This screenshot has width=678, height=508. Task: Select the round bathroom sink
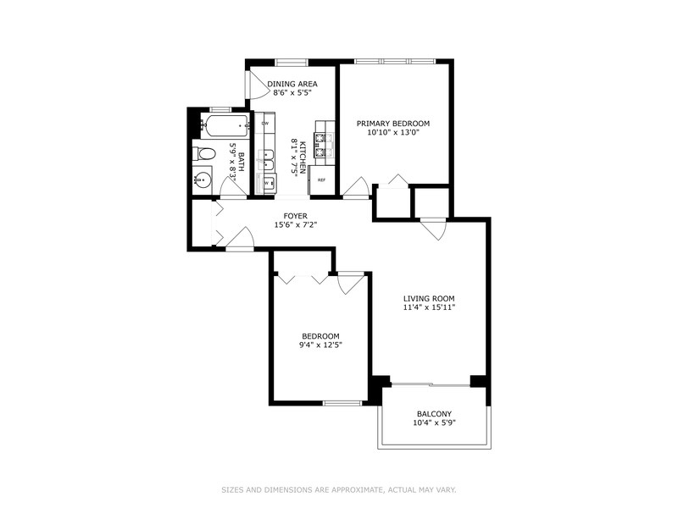click(x=202, y=179)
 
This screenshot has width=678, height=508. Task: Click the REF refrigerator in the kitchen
click(x=322, y=180)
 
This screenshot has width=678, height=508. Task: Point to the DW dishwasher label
click(x=264, y=124)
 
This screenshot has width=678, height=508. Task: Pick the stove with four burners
click(x=322, y=141)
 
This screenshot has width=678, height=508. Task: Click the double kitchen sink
click(x=264, y=157)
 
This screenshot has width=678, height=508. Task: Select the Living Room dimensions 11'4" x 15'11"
click(x=429, y=307)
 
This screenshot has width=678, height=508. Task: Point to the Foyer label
click(x=295, y=216)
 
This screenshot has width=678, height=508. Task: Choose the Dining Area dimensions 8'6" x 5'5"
click(x=292, y=94)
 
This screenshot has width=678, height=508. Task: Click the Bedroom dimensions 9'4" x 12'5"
click(x=321, y=345)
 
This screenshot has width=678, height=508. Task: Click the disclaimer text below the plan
click(x=339, y=489)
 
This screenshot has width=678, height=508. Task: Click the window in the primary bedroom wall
click(x=395, y=61)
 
